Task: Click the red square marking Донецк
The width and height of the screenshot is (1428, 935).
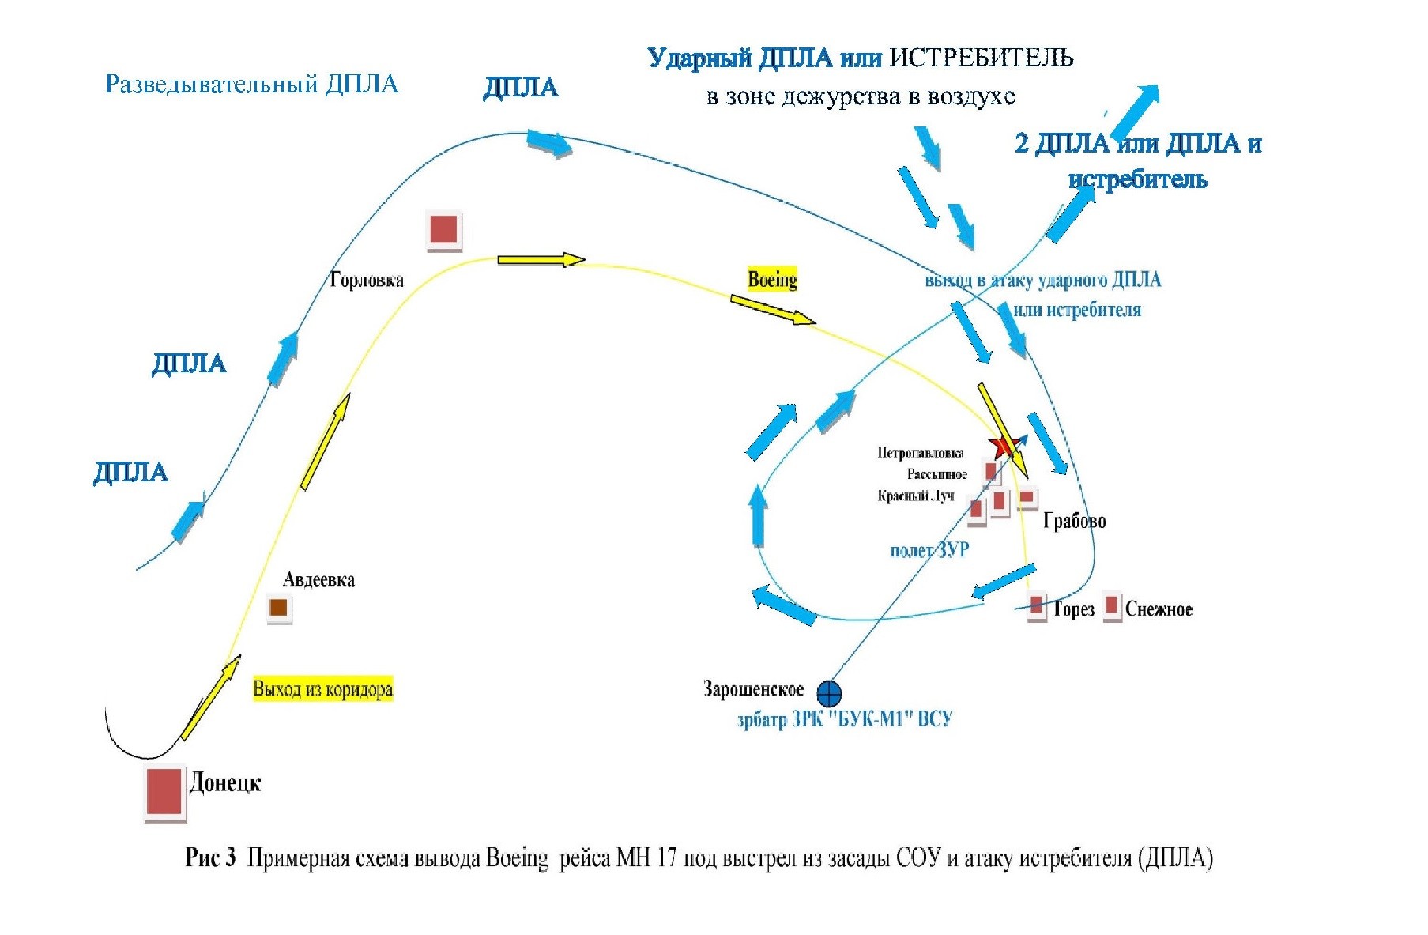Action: [x=164, y=792]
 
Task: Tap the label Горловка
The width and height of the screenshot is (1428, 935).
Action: [x=367, y=280]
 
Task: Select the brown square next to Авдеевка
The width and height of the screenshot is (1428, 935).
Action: [x=278, y=608]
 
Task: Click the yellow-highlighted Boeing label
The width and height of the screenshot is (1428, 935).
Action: [x=772, y=279]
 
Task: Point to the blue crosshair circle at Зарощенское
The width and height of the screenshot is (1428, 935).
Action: [x=829, y=694]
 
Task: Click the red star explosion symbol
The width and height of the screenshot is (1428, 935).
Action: [x=1003, y=447]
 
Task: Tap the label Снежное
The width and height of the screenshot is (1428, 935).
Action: [x=1158, y=609]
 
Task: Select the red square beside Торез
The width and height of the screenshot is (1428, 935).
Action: [x=1036, y=606]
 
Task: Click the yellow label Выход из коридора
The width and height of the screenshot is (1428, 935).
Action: [x=322, y=689]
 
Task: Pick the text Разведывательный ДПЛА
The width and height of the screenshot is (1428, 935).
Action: [x=251, y=85]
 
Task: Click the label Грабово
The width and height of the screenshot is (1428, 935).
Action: [x=1074, y=521]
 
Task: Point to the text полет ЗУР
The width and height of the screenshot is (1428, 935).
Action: [x=929, y=550]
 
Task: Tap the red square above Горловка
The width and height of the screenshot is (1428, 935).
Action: [x=443, y=230]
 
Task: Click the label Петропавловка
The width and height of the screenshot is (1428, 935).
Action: [x=920, y=453]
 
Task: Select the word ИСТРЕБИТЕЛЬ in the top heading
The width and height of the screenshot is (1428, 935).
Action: [x=982, y=58]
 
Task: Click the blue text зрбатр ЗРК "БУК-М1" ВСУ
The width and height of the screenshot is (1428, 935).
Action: [x=845, y=719]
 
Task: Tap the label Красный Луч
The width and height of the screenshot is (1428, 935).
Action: [x=915, y=496]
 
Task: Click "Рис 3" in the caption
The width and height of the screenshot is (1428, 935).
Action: [x=210, y=858]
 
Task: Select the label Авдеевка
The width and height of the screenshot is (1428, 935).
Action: [x=318, y=579]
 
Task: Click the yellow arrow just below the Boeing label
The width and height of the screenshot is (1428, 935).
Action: [x=772, y=310]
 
